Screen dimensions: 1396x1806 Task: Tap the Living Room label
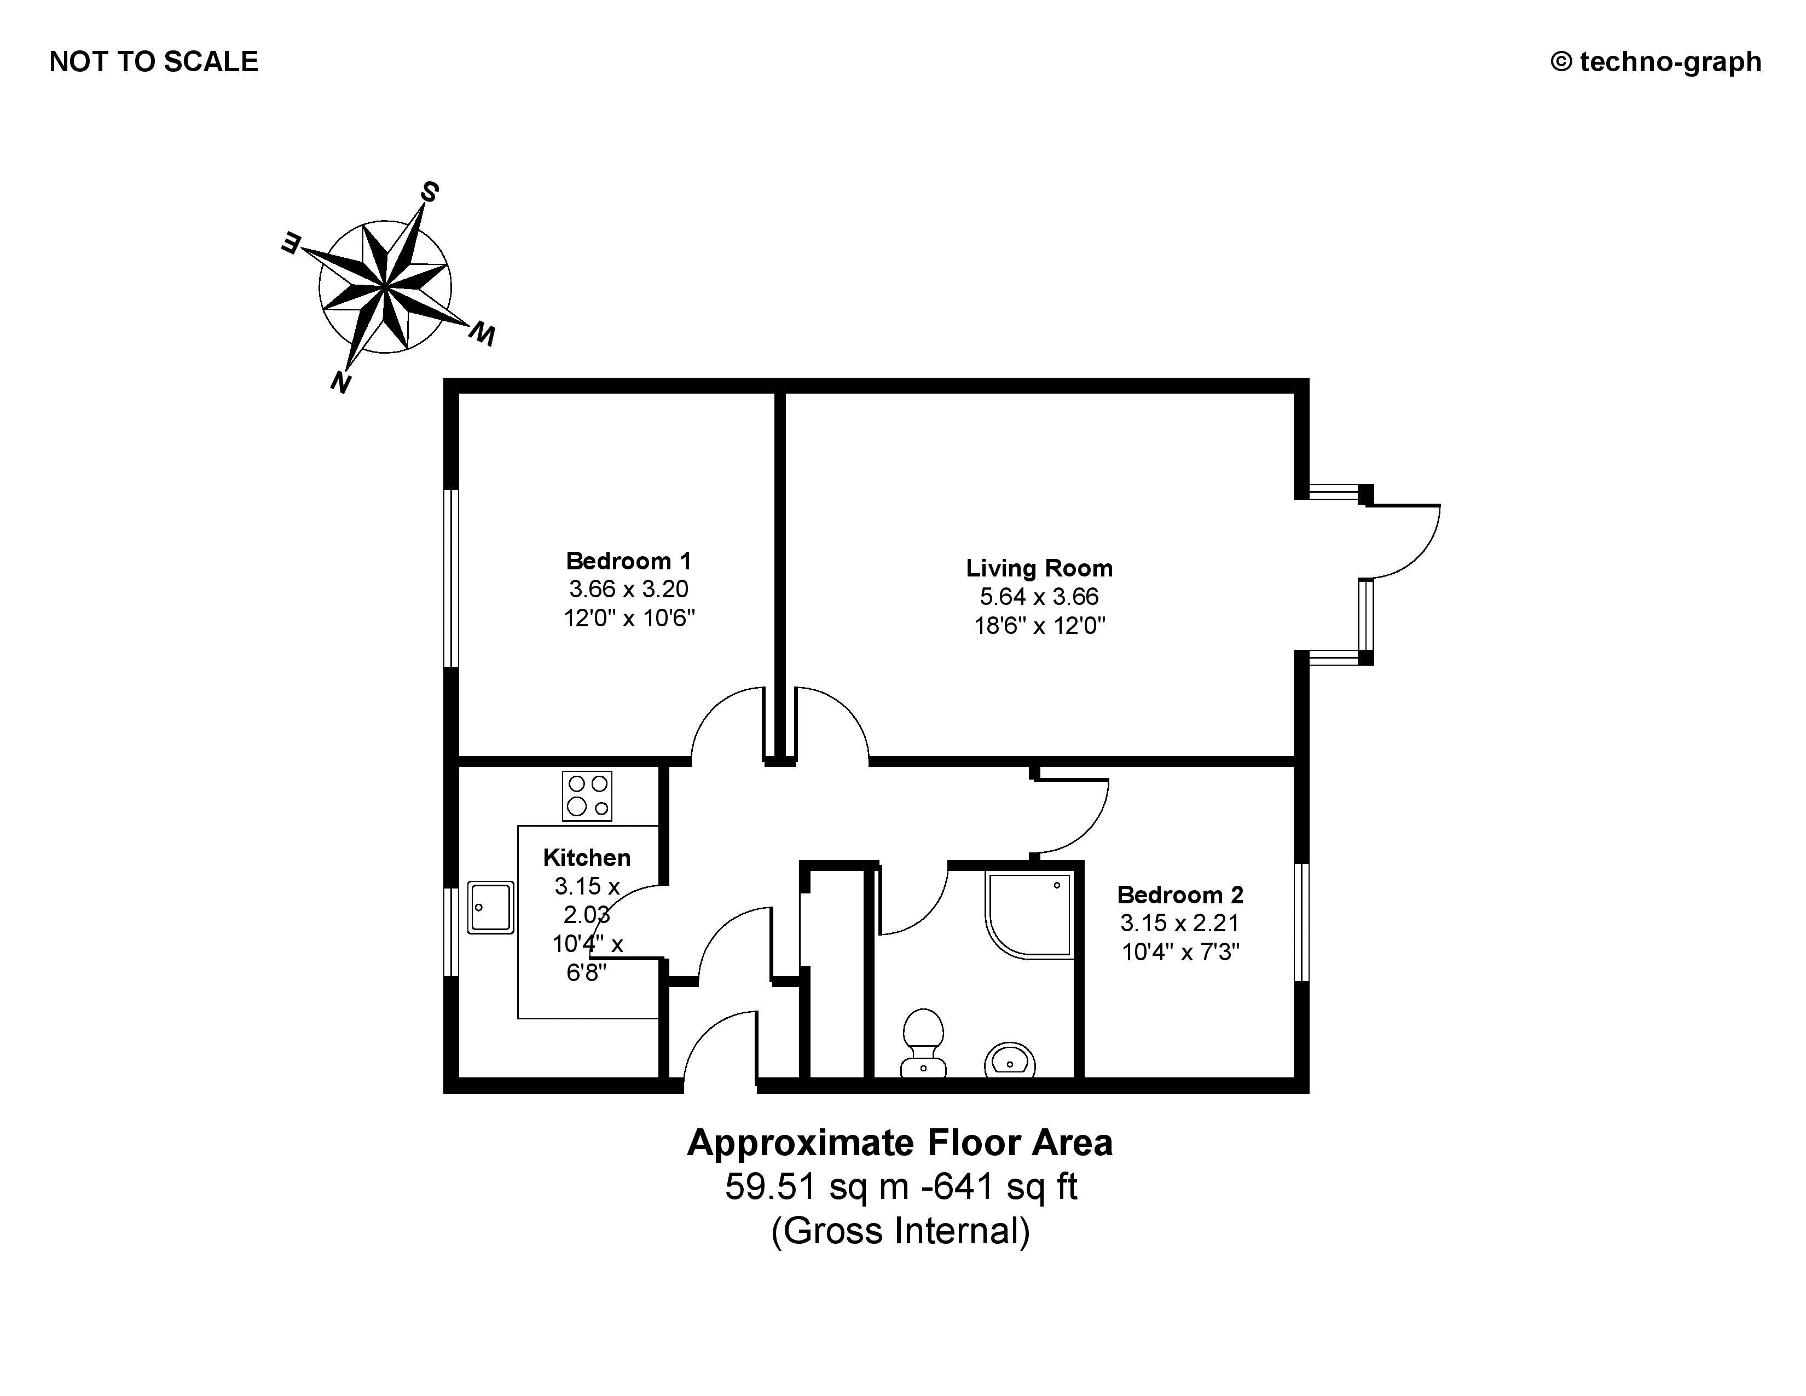click(x=1039, y=568)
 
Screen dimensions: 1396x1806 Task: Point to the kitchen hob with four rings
click(x=587, y=795)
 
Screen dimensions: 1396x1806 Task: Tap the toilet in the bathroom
click(x=923, y=1042)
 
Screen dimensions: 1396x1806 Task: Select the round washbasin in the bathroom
click(x=1010, y=1059)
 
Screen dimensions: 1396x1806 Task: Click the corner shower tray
click(x=1029, y=914)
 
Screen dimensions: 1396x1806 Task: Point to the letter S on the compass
click(x=429, y=192)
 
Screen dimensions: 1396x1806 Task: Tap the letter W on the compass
click(x=482, y=334)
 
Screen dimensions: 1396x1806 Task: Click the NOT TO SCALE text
click(x=154, y=62)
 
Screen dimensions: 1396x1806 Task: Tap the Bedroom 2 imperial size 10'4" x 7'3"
click(x=1180, y=952)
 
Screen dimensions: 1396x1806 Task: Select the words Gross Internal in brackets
click(x=900, y=1231)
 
